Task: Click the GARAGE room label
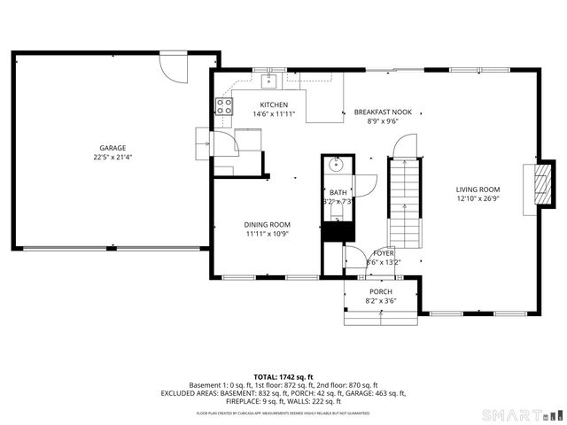(113, 148)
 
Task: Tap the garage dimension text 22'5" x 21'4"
(113, 158)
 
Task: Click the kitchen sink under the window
(269, 82)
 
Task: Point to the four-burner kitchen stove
(224, 107)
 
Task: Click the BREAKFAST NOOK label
(384, 112)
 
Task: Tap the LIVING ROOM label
(478, 189)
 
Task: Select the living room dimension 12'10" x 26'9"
(478, 199)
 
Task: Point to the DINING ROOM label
(268, 224)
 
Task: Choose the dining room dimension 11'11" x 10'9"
(268, 234)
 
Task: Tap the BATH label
(338, 192)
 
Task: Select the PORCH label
(381, 291)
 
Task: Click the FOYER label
(384, 253)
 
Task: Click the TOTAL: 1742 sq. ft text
(283, 377)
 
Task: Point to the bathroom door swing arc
(365, 184)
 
